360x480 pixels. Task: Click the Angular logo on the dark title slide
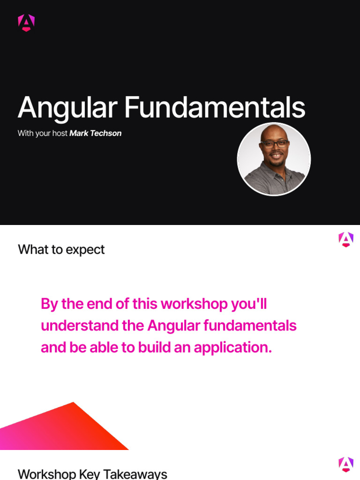point(26,23)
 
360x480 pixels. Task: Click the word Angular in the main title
point(67,108)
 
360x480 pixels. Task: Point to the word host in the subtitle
point(60,134)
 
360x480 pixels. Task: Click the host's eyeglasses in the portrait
point(274,144)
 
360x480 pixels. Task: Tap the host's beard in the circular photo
point(276,162)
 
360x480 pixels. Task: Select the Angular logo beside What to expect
point(346,240)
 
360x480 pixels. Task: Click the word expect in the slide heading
point(85,250)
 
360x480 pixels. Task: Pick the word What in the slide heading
point(33,249)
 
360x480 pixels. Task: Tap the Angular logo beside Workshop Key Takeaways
point(346,465)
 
